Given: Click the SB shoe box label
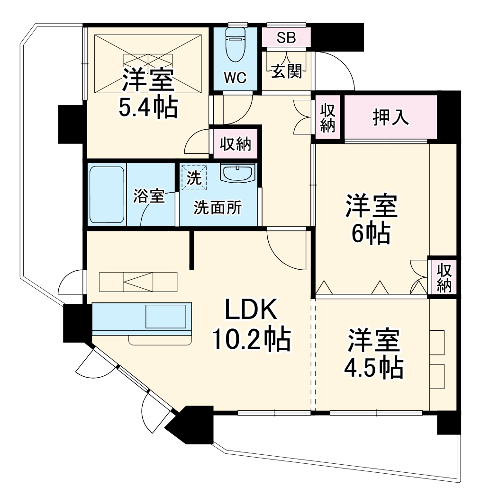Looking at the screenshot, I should [286, 38].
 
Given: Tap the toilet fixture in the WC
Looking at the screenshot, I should [235, 45].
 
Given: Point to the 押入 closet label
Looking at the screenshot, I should [390, 117].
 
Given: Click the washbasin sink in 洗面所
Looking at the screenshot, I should [237, 173].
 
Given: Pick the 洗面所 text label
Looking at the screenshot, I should [218, 208].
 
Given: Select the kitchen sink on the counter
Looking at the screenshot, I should [165, 316].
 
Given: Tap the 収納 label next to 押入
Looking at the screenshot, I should [327, 117].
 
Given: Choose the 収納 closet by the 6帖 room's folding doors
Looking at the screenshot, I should [444, 278].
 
